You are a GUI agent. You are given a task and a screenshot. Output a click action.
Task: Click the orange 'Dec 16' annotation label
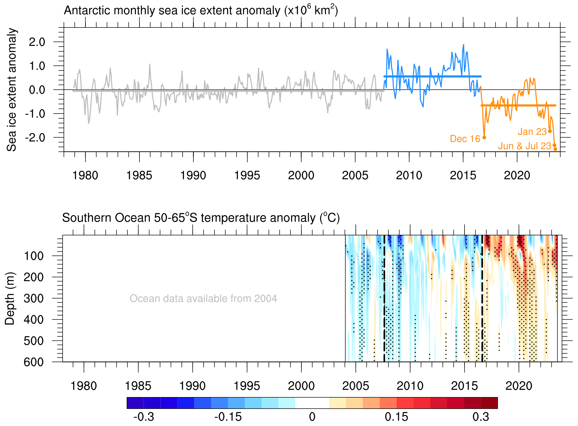pyautogui.click(x=465, y=139)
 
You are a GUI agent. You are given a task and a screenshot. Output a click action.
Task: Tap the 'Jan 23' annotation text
pyautogui.click(x=532, y=132)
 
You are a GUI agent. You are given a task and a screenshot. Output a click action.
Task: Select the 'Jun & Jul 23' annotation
pyautogui.click(x=524, y=146)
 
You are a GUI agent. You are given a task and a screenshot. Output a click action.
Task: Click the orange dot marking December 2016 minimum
pyautogui.click(x=484, y=137)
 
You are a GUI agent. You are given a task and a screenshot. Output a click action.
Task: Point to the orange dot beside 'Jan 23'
pyautogui.click(x=550, y=131)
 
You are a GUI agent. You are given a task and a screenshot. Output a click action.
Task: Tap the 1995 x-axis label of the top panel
pyautogui.click(x=247, y=176)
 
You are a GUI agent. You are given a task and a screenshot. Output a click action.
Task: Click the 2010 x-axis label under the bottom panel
pyautogui.click(x=410, y=386)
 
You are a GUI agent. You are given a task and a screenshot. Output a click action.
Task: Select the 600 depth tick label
pyautogui.click(x=33, y=362)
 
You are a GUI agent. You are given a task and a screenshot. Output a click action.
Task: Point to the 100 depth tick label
pyautogui.click(x=33, y=256)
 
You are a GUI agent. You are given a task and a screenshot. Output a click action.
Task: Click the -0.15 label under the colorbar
pyautogui.click(x=228, y=417)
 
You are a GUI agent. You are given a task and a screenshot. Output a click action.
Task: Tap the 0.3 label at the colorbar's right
pyautogui.click(x=480, y=417)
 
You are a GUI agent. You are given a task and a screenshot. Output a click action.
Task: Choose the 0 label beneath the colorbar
pyautogui.click(x=312, y=417)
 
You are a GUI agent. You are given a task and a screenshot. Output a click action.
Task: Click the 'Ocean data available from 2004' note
pyautogui.click(x=203, y=299)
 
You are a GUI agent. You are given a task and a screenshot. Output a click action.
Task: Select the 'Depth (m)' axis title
pyautogui.click(x=10, y=299)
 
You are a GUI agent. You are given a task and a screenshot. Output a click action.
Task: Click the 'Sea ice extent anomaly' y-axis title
pyautogui.click(x=12, y=90)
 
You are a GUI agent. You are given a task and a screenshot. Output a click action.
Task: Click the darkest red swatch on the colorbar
pyautogui.click(x=489, y=403)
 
